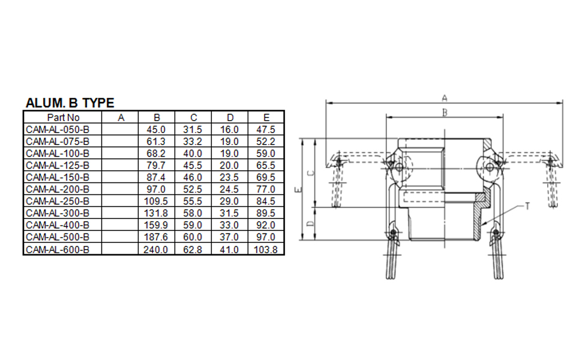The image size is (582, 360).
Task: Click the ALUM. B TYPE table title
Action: [x=70, y=103]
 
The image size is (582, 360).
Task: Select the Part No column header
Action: [x=63, y=118]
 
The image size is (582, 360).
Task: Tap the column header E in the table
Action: [x=266, y=118]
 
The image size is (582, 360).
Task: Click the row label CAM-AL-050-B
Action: [x=58, y=130]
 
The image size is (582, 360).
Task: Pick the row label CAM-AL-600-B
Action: [x=58, y=250]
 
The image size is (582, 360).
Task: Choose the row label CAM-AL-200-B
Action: [x=58, y=190]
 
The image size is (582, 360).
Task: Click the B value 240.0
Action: [x=156, y=250]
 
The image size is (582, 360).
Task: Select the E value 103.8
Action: [x=266, y=250]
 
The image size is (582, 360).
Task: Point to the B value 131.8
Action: [x=156, y=214]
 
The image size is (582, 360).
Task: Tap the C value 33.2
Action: [x=193, y=142]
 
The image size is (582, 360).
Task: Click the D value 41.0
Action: [x=229, y=250]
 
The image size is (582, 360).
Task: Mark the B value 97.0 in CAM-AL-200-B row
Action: [x=156, y=190]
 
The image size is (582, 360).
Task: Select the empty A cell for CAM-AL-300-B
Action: [x=120, y=214]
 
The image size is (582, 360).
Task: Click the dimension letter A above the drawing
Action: [x=445, y=97]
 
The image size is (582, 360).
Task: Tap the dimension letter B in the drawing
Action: [x=445, y=112]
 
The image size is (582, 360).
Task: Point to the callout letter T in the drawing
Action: [x=527, y=206]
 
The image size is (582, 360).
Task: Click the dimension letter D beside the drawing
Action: [x=310, y=224]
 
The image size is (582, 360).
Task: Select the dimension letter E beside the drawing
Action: [x=299, y=190]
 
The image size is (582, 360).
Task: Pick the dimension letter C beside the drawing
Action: [x=310, y=173]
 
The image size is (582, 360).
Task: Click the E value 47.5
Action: [x=266, y=130]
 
